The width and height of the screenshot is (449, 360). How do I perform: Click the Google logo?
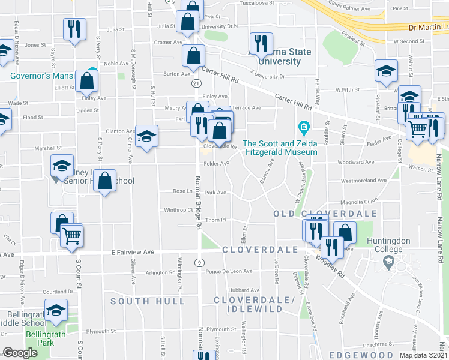pos(20,353)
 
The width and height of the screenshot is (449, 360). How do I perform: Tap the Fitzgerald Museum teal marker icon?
pos(303,128)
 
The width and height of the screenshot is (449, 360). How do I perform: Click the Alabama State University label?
pos(285,56)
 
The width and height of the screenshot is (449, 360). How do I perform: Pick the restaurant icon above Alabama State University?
pos(261,43)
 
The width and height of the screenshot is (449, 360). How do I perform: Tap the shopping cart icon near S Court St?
pos(72,234)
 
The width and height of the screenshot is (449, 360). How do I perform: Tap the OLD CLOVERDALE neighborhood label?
pos(325,214)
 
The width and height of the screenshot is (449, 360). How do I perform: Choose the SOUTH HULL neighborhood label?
pos(141,301)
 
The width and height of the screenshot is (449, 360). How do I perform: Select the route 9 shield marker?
pos(198,262)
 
